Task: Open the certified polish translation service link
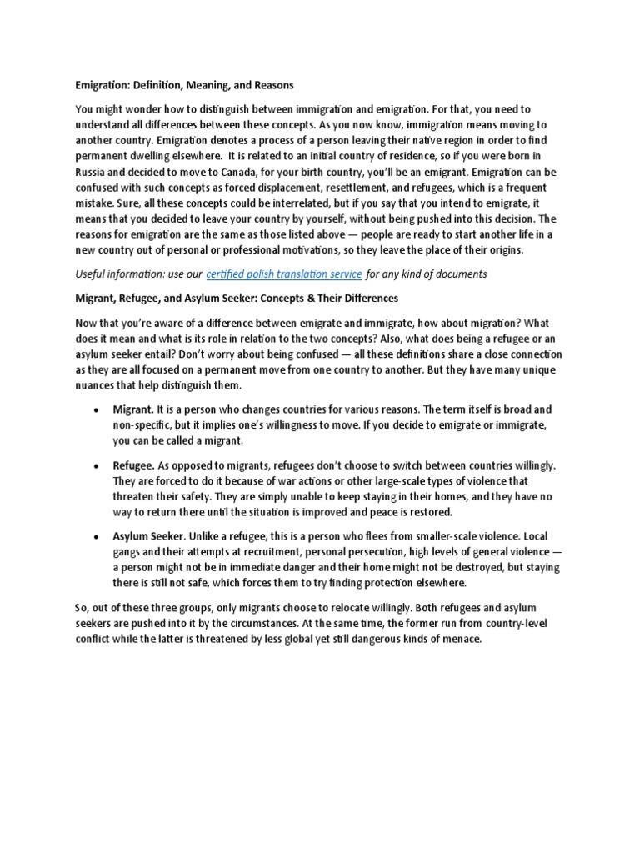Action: point(283,274)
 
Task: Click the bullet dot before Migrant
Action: point(97,410)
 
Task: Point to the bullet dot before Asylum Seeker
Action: point(97,536)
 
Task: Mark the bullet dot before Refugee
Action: point(97,466)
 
